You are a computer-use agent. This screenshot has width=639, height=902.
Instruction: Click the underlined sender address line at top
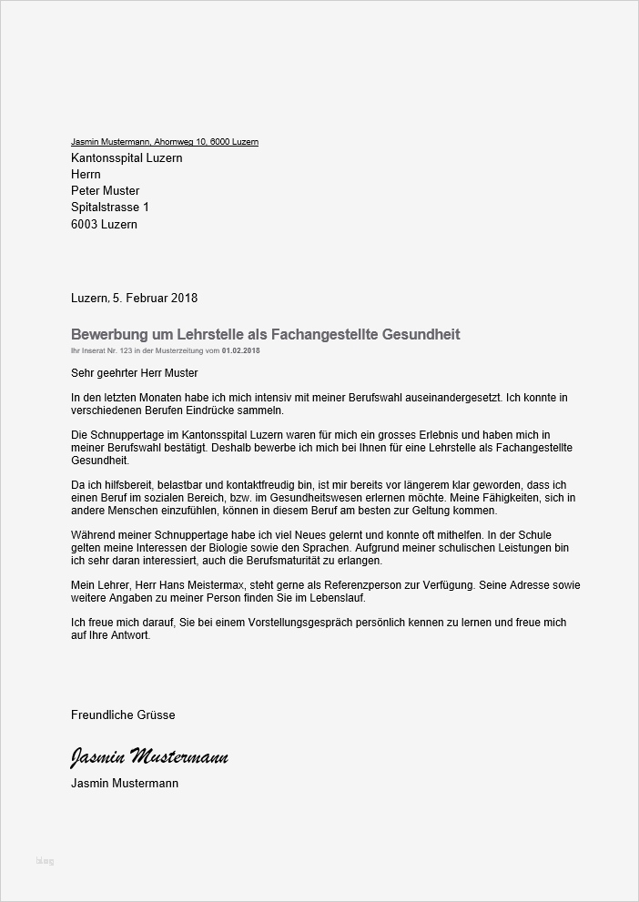coord(164,142)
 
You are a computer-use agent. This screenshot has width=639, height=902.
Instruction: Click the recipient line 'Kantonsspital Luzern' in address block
coord(127,157)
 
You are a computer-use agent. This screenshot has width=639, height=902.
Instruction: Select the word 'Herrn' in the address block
coord(86,174)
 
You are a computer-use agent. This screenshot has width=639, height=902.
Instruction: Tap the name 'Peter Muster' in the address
coord(105,191)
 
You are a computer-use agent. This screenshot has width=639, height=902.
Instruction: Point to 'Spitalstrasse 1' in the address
coord(109,208)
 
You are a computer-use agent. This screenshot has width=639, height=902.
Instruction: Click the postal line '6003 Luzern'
coord(104,224)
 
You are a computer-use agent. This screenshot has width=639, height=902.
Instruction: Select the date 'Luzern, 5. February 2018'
coord(134,298)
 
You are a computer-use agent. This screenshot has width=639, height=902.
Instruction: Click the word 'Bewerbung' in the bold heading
coord(109,335)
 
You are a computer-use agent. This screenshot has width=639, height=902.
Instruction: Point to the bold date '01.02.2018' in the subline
coord(241,350)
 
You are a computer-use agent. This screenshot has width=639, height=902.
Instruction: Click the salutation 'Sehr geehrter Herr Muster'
coord(134,372)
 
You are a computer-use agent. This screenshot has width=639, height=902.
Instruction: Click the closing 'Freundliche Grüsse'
coord(123,715)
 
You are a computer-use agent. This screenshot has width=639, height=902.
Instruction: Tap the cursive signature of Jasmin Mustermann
coord(149,757)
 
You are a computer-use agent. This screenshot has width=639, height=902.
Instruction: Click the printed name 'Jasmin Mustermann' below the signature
coord(125,783)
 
